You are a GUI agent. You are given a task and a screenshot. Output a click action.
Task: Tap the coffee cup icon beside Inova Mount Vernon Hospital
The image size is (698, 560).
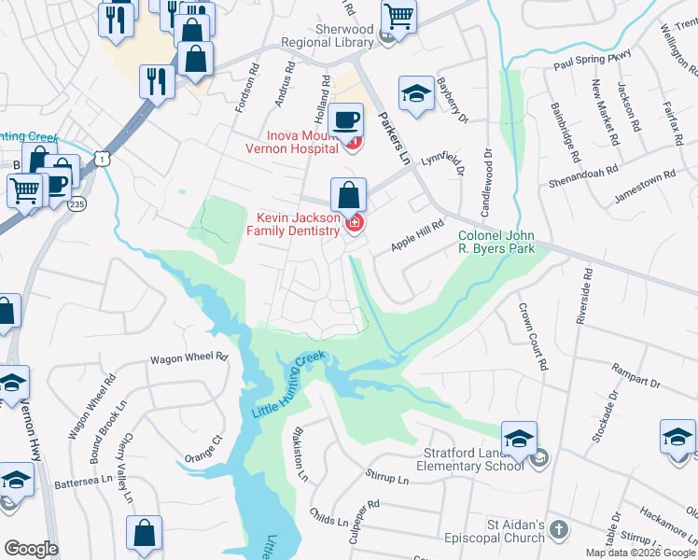[346, 119]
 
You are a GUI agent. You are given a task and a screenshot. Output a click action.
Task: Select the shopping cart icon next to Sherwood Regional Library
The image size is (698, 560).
[398, 15]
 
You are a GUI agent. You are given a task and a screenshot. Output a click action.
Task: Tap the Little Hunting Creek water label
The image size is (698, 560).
[288, 385]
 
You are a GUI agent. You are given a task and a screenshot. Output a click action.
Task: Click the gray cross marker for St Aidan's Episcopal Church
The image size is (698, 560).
[558, 529]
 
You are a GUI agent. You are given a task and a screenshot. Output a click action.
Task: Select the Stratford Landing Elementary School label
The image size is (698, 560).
[468, 460]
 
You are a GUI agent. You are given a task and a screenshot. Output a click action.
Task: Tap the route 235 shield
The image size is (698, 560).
[76, 203]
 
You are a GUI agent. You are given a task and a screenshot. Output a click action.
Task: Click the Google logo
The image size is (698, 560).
[31, 548]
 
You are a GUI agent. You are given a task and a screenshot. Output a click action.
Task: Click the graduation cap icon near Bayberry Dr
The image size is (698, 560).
[416, 93]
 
